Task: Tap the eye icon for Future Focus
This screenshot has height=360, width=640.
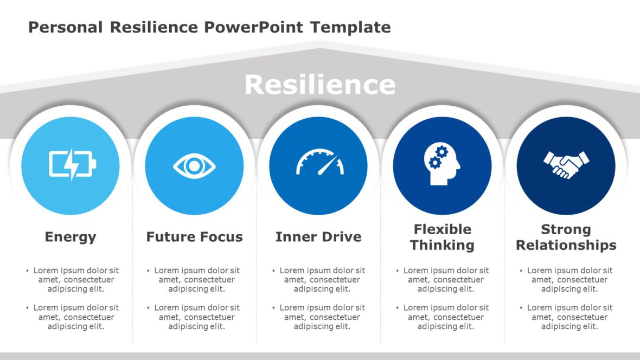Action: point(194,166)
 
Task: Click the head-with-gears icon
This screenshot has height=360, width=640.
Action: point(441,164)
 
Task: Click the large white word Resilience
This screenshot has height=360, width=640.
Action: point(319,85)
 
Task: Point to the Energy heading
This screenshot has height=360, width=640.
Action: point(71,237)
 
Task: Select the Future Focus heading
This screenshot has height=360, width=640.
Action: point(194,237)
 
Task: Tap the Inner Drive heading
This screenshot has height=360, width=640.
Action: point(318,237)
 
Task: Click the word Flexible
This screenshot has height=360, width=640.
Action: point(442,229)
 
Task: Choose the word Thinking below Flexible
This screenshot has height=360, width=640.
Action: point(442,245)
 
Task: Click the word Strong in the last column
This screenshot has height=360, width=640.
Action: point(566,229)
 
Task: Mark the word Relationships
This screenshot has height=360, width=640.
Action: point(566,245)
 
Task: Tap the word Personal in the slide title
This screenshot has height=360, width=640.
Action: point(65,27)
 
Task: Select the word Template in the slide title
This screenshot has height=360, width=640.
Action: point(350,27)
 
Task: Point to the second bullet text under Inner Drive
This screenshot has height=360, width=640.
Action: point(322,317)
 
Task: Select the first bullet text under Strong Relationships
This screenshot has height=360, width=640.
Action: point(569,280)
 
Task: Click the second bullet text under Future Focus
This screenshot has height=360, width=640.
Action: point(196,317)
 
